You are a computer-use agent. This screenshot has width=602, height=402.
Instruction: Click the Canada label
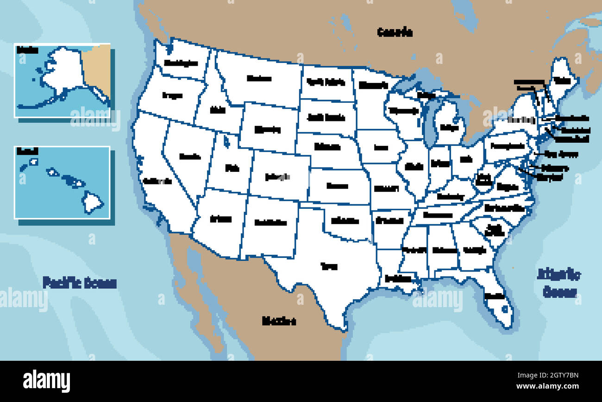tap(395, 32)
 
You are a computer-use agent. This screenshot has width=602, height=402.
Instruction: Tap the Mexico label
tap(279, 320)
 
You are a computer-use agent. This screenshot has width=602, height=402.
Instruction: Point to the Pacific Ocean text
tap(79, 283)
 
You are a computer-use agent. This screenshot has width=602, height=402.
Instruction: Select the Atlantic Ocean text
tap(559, 283)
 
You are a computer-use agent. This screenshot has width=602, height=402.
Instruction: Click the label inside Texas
tap(329, 266)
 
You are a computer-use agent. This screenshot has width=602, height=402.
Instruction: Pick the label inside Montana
tap(259, 78)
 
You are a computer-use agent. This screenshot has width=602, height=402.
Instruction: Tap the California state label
tap(157, 181)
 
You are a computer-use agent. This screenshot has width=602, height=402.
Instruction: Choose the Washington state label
tap(181, 63)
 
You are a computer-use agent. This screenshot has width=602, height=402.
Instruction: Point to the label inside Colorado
tap(278, 176)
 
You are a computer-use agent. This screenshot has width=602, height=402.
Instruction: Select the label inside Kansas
tap(337, 186)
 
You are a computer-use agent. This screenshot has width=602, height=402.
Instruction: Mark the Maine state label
tap(562, 80)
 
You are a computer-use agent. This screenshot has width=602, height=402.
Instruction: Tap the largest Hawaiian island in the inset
tap(93, 202)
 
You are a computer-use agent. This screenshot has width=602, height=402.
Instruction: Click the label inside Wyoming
tap(267, 130)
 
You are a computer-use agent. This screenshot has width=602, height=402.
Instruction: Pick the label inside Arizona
tap(220, 219)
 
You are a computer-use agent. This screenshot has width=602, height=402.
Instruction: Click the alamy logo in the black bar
tap(46, 381)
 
